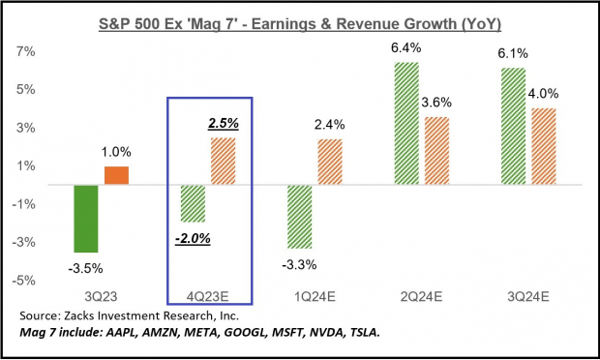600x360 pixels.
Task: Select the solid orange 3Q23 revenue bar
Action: [x=117, y=175]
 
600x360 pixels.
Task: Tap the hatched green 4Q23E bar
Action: [x=194, y=203]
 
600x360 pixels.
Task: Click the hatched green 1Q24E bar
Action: [x=301, y=217]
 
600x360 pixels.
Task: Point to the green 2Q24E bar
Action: [x=407, y=123]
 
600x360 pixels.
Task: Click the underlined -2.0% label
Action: [x=194, y=237]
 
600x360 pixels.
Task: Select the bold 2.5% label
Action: [x=225, y=124]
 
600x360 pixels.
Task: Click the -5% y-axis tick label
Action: [x=25, y=281]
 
